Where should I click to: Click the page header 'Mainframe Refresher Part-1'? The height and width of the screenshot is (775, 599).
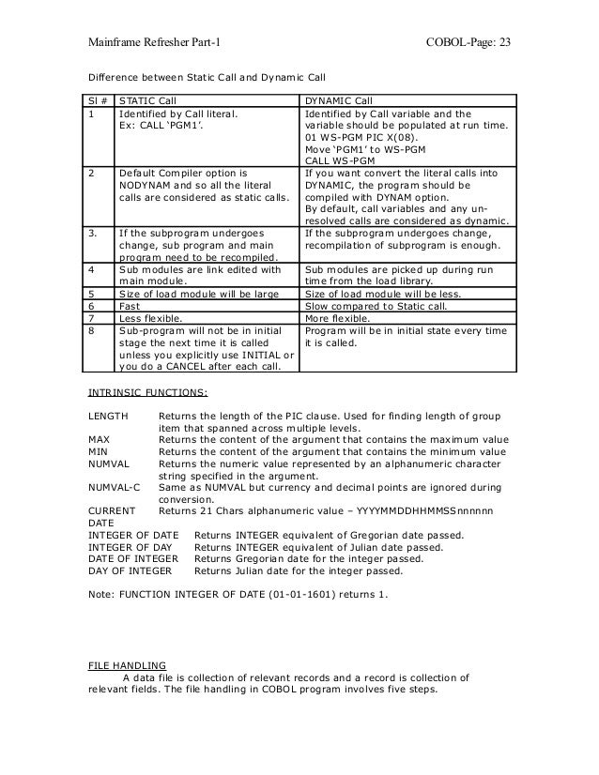(x=154, y=44)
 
